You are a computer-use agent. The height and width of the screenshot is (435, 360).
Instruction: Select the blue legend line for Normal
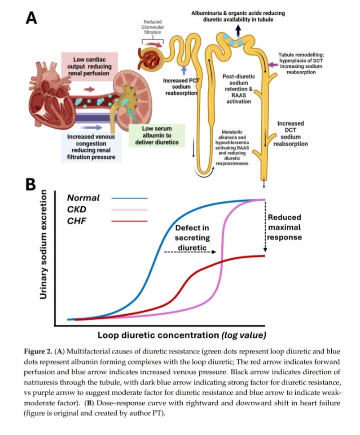(129, 198)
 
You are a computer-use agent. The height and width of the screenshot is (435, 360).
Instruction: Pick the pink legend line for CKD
(129, 209)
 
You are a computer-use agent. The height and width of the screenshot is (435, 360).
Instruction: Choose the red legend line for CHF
(129, 221)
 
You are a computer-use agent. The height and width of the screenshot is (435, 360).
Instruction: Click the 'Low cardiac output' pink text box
(90, 66)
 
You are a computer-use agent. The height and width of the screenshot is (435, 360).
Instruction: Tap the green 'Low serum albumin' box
(154, 136)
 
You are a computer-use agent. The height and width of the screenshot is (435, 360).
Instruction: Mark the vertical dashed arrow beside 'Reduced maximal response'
(265, 229)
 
